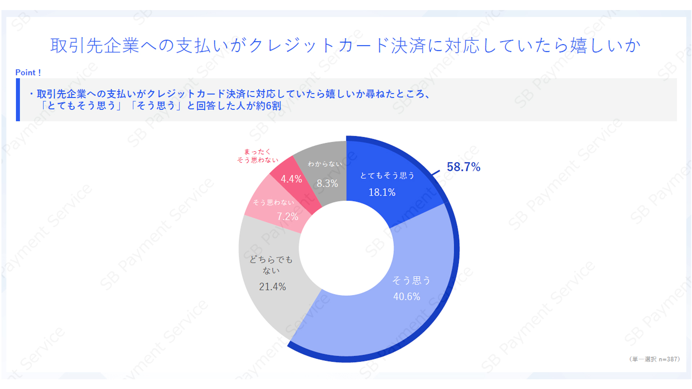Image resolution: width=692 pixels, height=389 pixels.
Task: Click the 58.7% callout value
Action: (x=463, y=167)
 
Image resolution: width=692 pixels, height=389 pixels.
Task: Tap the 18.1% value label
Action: (x=382, y=192)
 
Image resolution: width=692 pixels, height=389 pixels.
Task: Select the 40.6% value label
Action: (x=407, y=296)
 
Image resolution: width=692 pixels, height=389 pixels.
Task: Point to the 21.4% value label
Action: (x=272, y=287)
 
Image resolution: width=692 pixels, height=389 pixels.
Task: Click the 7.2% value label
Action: (x=287, y=216)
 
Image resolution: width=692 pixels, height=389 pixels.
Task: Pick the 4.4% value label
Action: (x=291, y=179)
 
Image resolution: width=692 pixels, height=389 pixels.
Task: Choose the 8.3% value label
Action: (x=327, y=183)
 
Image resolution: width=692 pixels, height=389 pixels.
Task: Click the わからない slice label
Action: (x=325, y=164)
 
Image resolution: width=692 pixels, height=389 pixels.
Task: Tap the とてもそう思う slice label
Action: (x=387, y=175)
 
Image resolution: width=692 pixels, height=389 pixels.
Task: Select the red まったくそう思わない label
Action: (x=257, y=156)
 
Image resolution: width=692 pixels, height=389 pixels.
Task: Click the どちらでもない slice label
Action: (x=271, y=265)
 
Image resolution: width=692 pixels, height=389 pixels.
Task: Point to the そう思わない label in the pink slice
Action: (x=273, y=202)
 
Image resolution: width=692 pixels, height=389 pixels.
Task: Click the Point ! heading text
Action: (x=28, y=72)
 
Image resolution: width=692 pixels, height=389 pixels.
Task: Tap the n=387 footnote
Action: (x=669, y=359)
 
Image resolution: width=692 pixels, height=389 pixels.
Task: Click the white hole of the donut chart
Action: (x=346, y=249)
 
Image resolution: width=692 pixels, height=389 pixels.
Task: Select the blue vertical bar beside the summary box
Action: (x=18, y=100)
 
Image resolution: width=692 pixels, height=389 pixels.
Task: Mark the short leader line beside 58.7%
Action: (x=436, y=173)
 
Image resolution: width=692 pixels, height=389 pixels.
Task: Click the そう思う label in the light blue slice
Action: (x=411, y=280)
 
